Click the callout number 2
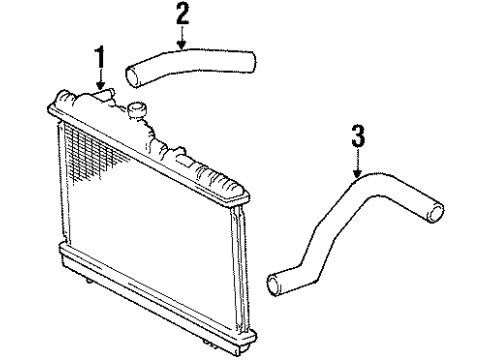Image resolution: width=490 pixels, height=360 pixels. [181, 14]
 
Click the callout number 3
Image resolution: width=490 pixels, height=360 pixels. [357, 135]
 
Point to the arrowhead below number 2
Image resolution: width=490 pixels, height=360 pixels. [181, 47]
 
